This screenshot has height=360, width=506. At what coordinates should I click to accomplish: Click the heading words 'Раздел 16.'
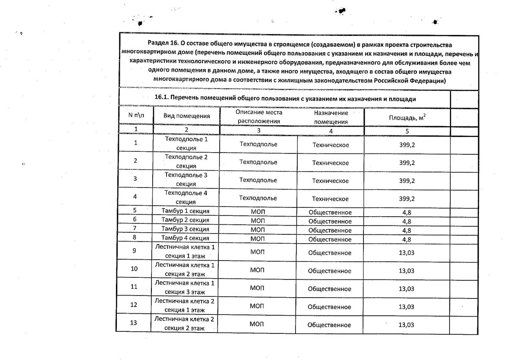(163, 44)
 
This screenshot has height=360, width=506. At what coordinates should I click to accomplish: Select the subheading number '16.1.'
(163, 99)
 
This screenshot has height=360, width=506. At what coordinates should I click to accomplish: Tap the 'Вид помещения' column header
(187, 116)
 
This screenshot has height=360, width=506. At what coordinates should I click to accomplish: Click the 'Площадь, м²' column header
(407, 118)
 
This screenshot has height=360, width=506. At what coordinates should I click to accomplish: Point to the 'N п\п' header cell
(136, 115)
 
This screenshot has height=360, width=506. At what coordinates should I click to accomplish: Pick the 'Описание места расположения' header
(259, 117)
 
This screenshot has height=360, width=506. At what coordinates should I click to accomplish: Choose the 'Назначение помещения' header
(331, 118)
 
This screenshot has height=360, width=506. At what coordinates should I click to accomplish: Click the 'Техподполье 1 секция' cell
(186, 143)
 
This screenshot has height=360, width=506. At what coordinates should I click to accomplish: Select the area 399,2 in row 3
(407, 181)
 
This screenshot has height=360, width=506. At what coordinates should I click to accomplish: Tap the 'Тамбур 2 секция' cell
(186, 219)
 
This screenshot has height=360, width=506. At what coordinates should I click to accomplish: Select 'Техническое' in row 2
(330, 163)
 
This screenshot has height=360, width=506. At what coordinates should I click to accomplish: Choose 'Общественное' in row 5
(330, 212)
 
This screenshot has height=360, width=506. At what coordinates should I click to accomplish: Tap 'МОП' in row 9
(257, 253)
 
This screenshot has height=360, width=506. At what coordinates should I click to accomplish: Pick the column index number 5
(407, 131)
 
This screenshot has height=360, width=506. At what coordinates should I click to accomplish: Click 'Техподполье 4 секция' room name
(186, 197)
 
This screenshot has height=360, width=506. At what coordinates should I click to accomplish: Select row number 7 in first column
(135, 228)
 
